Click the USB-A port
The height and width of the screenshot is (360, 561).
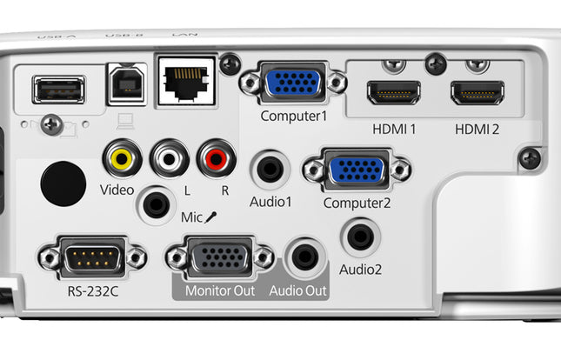coord(58,90)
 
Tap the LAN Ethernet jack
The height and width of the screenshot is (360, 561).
coord(184,82)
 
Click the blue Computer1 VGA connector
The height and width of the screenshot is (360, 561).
coord(293,83)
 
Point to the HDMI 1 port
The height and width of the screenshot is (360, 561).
coord(394,91)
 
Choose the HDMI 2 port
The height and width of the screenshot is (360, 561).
coord(477,91)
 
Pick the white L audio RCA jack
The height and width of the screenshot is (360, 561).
coord(169,158)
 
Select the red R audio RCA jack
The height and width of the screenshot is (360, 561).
coord(216,158)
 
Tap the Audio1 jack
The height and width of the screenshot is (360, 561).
coord(270,168)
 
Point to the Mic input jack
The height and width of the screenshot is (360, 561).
coord(157,206)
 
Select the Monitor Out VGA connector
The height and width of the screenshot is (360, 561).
coord(220,257)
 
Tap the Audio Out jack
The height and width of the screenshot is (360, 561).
coord(304,257)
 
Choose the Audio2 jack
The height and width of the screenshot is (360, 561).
coord(359,235)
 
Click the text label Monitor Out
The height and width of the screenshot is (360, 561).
coord(220,290)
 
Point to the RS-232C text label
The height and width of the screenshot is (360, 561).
coord(92,290)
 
